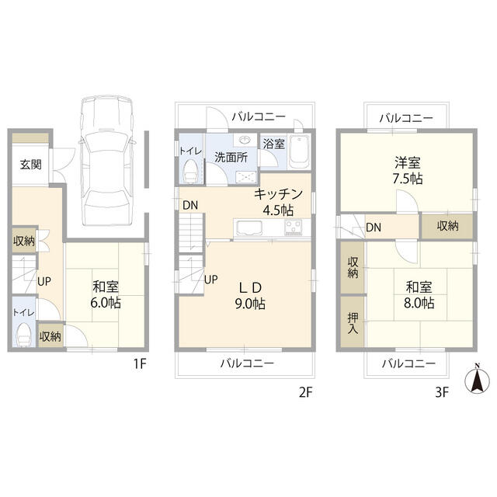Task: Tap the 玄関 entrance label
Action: pos(31,165)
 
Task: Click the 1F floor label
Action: pos(137,363)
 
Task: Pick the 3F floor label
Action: pos(442,392)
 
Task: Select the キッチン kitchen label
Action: pos(273,196)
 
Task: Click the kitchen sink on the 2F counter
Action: pos(250,228)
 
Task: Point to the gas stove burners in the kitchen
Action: pos(294,228)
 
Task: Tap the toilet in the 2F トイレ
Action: pos(189,169)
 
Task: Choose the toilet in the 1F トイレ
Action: pos(23,335)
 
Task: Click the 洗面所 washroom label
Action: pos(231,156)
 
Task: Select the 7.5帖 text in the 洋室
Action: pos(407,179)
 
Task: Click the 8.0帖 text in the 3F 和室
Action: pos(418,303)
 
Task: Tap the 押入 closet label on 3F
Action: pos(352,322)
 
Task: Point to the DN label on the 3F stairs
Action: pos(374,228)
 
